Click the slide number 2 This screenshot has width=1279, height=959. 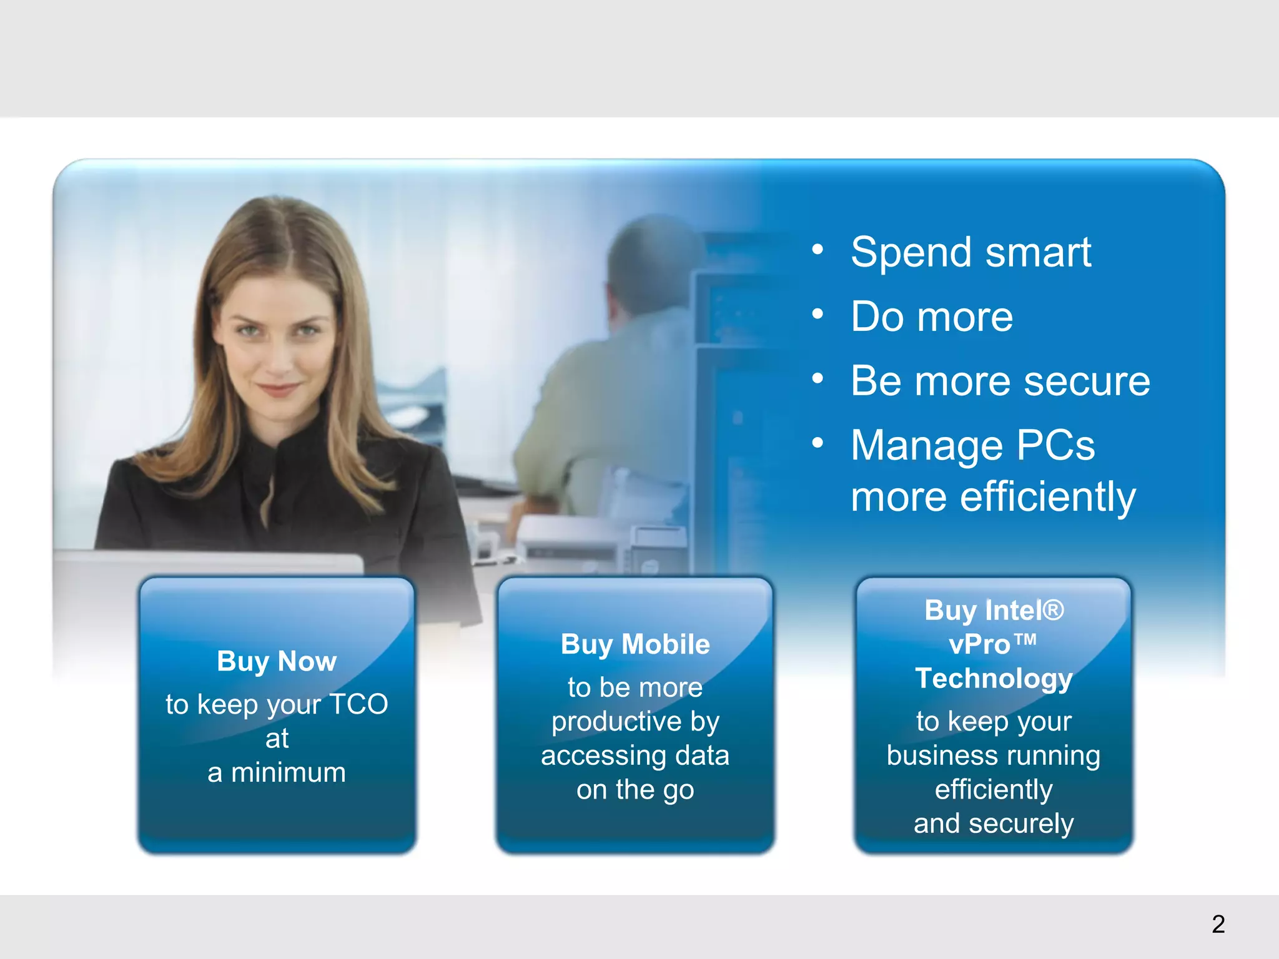coord(1218,924)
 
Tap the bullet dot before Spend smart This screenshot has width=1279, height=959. coord(817,250)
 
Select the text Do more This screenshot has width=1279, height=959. coord(931,317)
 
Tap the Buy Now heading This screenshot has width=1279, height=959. coord(277,662)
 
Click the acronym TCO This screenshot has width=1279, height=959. coord(358,704)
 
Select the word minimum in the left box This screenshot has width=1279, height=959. coord(289,773)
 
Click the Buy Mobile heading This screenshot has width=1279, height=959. coord(635,645)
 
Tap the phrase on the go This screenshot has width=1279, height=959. coord(635,790)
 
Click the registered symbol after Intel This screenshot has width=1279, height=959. coord(1053,609)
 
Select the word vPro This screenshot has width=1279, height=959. coord(979,645)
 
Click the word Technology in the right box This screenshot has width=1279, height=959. coord(994,679)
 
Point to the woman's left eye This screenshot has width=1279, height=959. coord(306,330)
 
